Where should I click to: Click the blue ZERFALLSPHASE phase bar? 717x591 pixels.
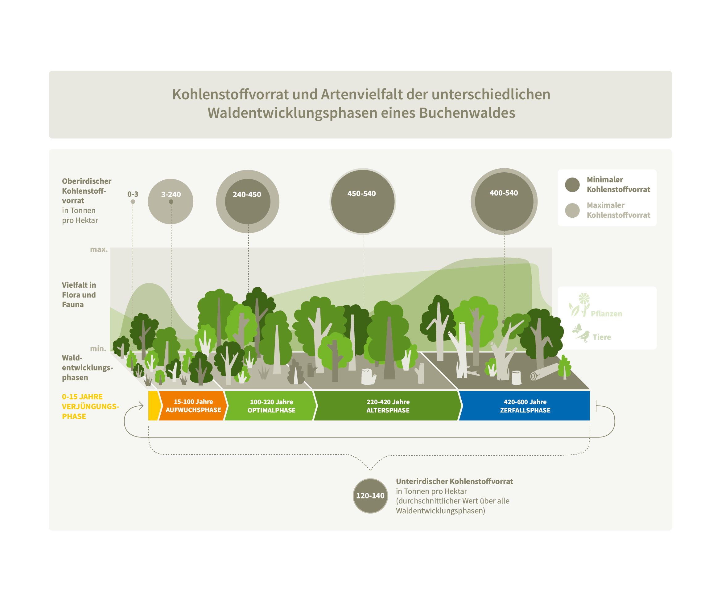click(x=525, y=406)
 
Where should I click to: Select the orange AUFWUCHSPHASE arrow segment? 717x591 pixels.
click(x=193, y=406)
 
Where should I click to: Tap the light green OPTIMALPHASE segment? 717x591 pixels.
click(x=271, y=406)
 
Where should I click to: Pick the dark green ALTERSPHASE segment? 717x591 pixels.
click(x=388, y=406)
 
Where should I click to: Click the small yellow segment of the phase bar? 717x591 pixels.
click(x=153, y=405)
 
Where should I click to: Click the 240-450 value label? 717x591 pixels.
click(x=247, y=195)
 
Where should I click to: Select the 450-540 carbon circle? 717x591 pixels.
click(x=363, y=202)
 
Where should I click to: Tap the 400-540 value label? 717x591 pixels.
click(x=504, y=193)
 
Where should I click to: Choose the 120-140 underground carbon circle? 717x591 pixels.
click(x=370, y=496)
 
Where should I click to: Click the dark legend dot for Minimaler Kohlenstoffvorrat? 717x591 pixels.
click(x=572, y=185)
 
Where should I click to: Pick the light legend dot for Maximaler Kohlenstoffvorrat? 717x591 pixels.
click(x=572, y=210)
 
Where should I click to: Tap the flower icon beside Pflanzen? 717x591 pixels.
click(x=580, y=304)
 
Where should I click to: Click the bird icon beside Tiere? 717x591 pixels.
click(x=583, y=334)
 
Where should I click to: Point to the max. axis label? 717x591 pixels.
click(x=98, y=249)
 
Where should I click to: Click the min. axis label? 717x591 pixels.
click(x=98, y=348)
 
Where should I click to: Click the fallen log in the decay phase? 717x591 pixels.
click(x=544, y=372)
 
